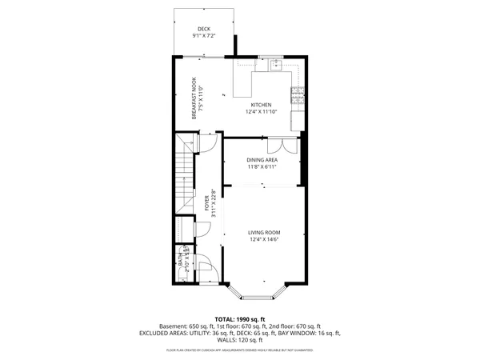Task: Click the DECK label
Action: pos(204,29)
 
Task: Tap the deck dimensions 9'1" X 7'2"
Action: pos(204,36)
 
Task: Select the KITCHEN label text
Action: pos(262,105)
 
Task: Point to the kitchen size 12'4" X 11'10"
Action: pos(262,112)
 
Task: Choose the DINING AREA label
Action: pos(262,160)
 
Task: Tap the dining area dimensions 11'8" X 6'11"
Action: pos(262,167)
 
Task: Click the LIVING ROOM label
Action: pos(265,232)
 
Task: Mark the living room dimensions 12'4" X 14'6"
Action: pos(265,239)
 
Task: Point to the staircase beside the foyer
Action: pos(186,172)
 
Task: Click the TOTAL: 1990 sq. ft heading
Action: pos(239,318)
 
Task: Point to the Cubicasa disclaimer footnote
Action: pos(239,350)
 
